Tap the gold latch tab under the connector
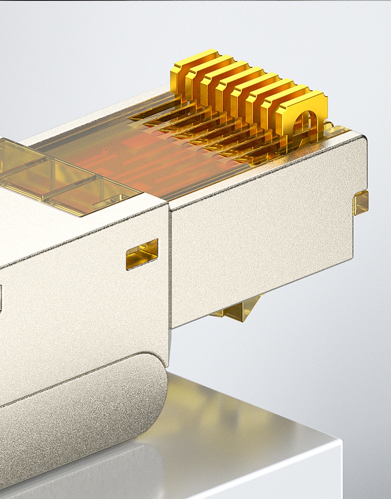pyautogui.click(x=239, y=311)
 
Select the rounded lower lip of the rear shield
pyautogui.click(x=78, y=415)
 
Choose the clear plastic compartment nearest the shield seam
pyautogui.click(x=98, y=199)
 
